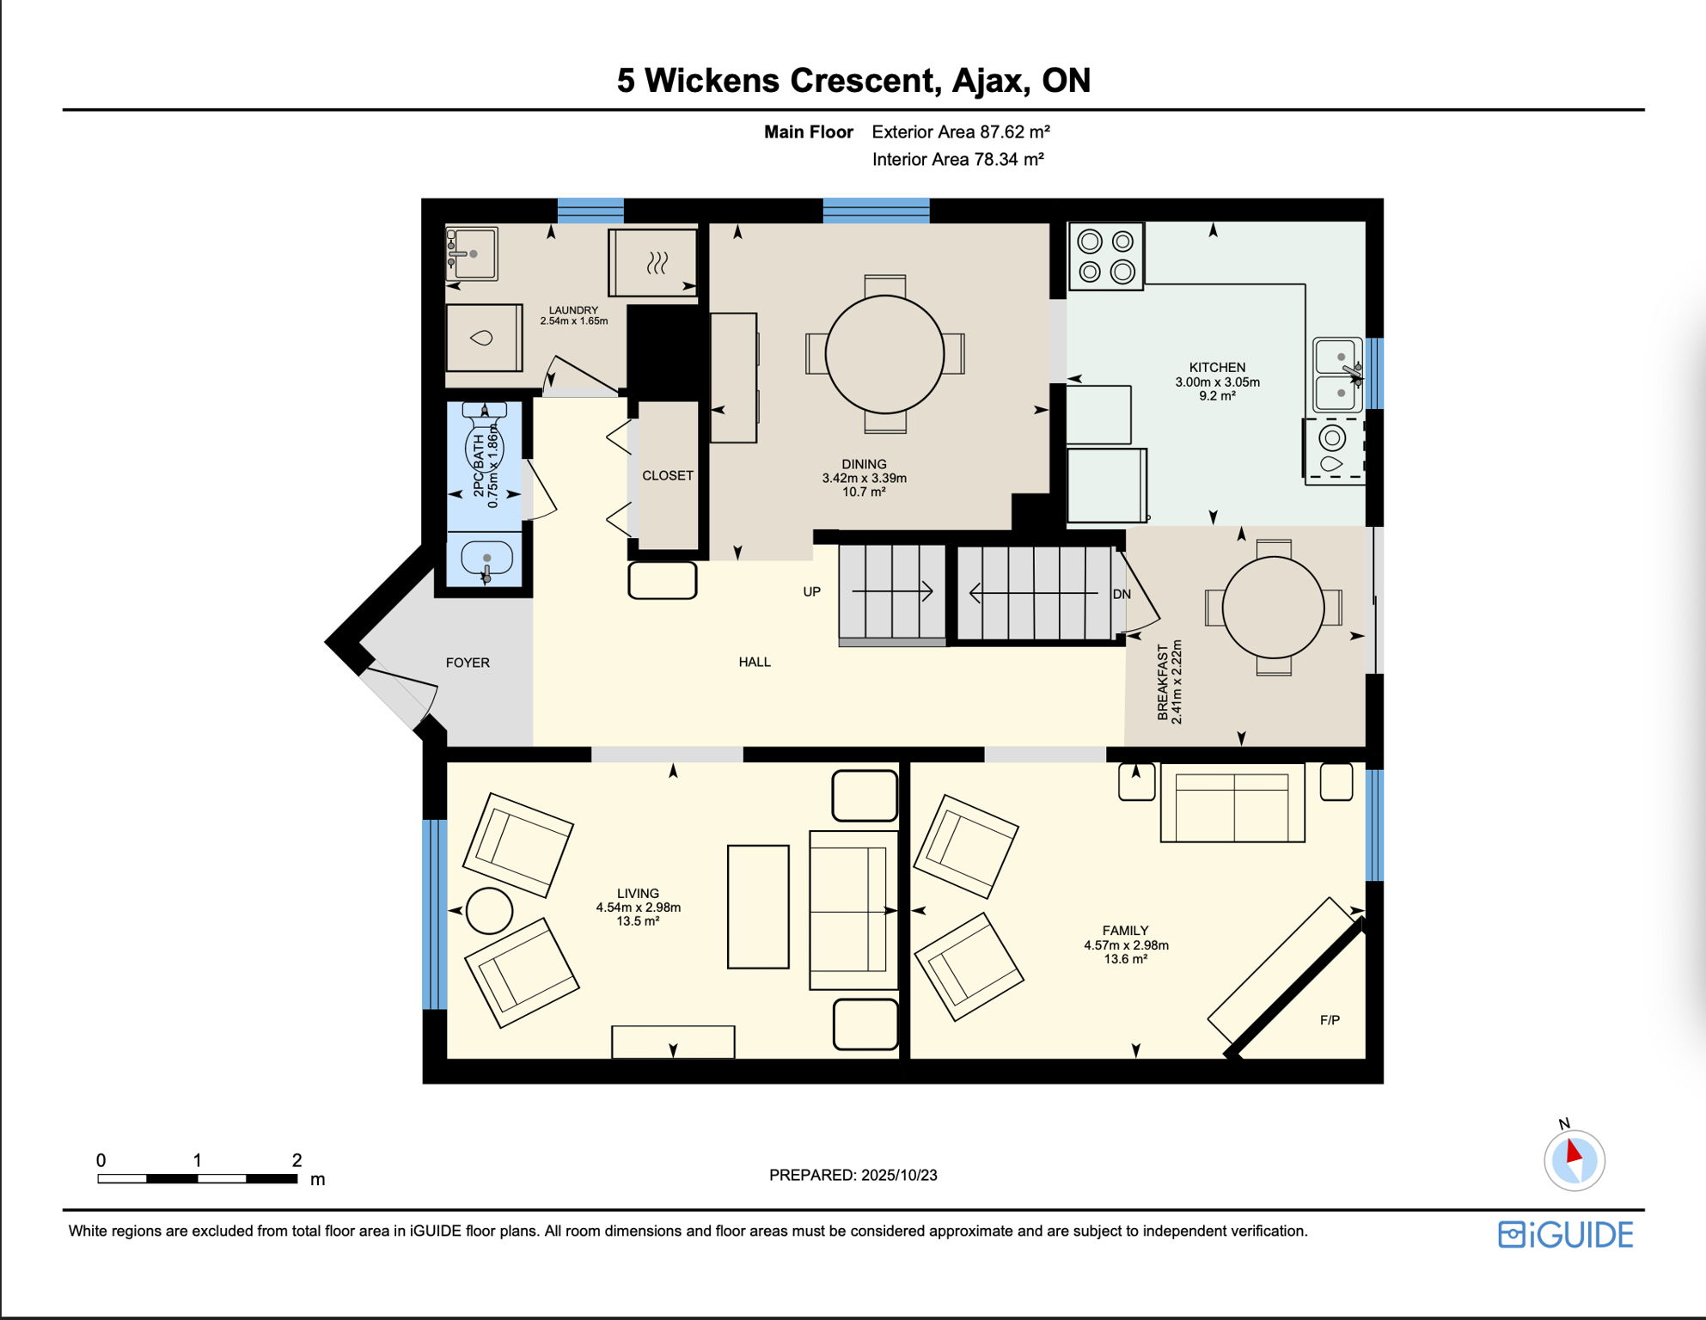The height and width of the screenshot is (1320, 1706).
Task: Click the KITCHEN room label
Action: (1217, 367)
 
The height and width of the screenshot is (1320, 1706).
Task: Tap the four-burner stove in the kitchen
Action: (1106, 256)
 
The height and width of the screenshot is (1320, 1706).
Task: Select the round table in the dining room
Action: (884, 354)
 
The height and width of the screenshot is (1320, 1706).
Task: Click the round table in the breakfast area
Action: (1273, 608)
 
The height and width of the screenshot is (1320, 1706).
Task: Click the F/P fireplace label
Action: (1330, 1020)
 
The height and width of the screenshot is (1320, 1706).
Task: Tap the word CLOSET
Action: (668, 475)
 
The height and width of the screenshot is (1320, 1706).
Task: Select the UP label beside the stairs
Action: (812, 591)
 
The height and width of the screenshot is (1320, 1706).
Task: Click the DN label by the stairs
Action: (1122, 594)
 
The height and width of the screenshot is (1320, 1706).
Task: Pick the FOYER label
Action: (468, 663)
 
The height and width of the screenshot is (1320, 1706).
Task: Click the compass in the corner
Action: (1575, 1159)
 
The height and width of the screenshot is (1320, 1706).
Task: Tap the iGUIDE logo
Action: (1565, 1235)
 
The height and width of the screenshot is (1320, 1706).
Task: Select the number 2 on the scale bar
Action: (297, 1160)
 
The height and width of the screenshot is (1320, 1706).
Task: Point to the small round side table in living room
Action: (489, 911)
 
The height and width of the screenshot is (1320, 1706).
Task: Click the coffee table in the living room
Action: (758, 907)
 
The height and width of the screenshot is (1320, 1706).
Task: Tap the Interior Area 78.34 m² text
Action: (958, 159)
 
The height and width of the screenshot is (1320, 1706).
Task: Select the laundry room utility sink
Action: (471, 254)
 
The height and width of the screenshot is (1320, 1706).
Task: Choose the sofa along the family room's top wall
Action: (1232, 802)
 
